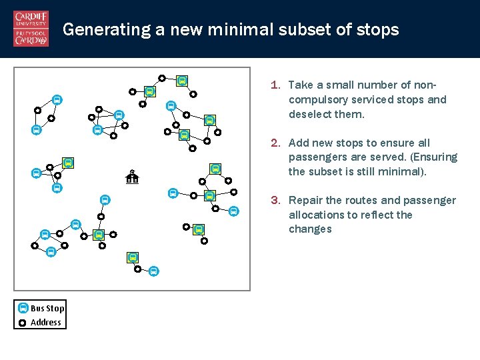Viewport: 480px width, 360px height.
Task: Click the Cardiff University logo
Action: (x=31, y=29)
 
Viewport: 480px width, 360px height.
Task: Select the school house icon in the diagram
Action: (x=132, y=177)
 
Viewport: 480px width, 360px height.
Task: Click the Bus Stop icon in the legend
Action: (x=23, y=309)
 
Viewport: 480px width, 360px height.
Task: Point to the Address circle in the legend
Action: (x=23, y=323)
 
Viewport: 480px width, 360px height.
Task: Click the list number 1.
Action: (x=274, y=85)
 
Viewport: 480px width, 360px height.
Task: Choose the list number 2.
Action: (x=274, y=143)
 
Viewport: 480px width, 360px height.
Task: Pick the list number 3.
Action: (x=274, y=201)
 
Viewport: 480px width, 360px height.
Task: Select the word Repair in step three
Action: (x=305, y=201)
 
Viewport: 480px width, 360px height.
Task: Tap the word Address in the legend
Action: (x=46, y=323)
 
